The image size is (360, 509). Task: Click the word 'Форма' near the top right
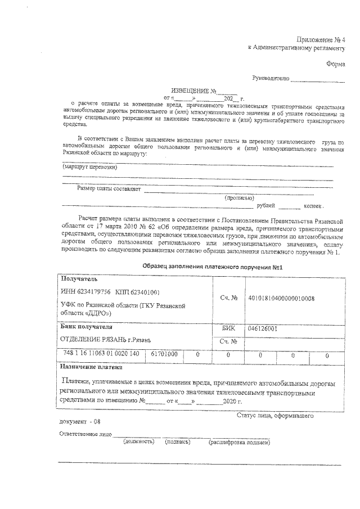coord(335,64)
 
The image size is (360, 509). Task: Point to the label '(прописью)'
coord(239,198)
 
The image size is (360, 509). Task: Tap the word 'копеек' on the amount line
coord(313,206)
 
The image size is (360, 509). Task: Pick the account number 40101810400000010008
coord(281,298)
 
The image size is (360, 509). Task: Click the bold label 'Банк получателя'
coord(86,327)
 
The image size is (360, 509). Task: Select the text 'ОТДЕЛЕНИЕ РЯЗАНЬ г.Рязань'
coord(106,340)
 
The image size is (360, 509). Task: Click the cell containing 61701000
coord(164,354)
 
